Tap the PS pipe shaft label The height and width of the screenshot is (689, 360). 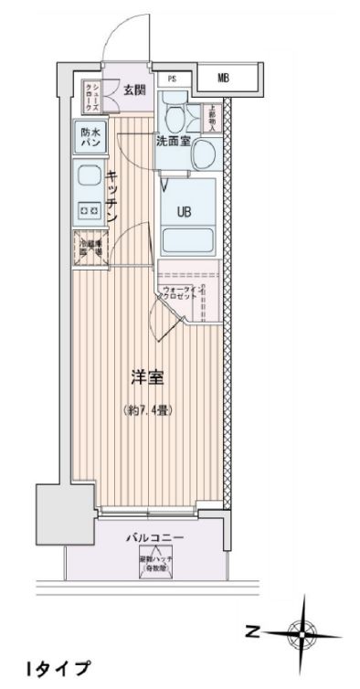(171, 79)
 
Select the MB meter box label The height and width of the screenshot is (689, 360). (223, 79)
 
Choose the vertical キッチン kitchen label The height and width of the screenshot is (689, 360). (111, 196)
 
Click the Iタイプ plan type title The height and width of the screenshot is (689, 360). (57, 671)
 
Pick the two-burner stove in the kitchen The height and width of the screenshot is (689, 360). (90, 212)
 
